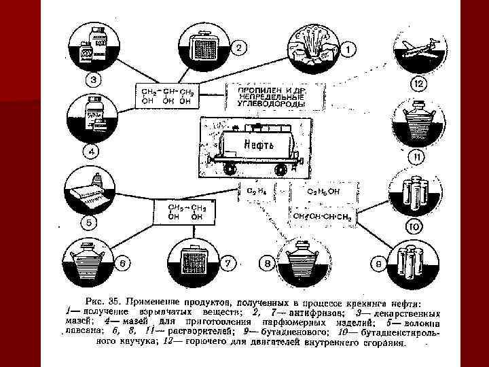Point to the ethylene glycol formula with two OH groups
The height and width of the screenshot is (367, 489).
(183, 211)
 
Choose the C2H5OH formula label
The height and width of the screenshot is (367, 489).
(325, 192)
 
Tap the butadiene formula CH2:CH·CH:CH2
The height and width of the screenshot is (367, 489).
(323, 216)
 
